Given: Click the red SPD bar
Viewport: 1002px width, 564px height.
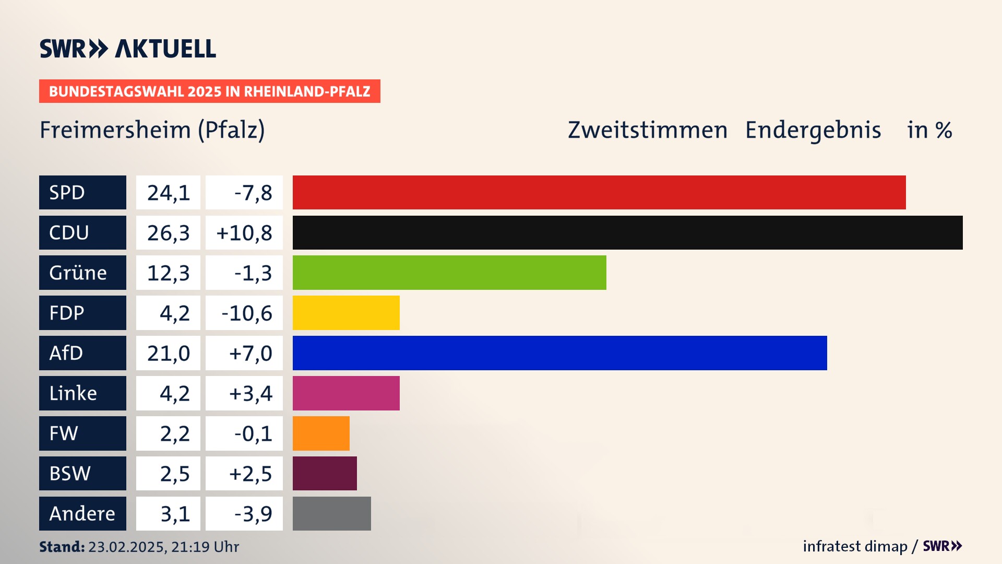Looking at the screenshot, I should coord(599,192).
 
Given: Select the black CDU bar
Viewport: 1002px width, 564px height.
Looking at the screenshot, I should coord(627,232).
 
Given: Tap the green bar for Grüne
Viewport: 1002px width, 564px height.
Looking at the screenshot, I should coord(449,273).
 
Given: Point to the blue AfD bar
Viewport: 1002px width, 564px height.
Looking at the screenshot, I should coord(559,353).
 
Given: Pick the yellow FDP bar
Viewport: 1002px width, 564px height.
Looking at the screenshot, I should coord(346,313).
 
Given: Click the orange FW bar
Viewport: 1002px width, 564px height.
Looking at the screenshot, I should coord(321,433).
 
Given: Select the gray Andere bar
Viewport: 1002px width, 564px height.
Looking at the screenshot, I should coord(331,514).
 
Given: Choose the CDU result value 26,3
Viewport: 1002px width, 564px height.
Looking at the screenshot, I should coord(168,233).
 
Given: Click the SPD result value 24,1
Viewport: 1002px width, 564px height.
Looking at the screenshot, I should coord(168,193).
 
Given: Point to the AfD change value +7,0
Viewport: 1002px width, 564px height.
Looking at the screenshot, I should coord(250,354).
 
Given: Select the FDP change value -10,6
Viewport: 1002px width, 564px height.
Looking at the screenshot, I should coord(246,313).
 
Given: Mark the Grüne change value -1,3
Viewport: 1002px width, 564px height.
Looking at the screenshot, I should coord(253,273).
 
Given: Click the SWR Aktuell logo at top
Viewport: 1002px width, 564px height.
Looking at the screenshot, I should coord(128,49).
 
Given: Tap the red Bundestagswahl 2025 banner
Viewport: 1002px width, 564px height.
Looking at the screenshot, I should coord(209,91).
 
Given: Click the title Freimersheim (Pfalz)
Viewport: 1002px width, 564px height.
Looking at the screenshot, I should coord(152,130).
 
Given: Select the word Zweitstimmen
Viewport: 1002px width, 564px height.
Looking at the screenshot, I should coord(647,130).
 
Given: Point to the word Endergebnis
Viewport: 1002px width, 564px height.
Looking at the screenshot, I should coord(813,130).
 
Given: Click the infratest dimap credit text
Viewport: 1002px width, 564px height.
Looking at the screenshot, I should coord(854,546).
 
